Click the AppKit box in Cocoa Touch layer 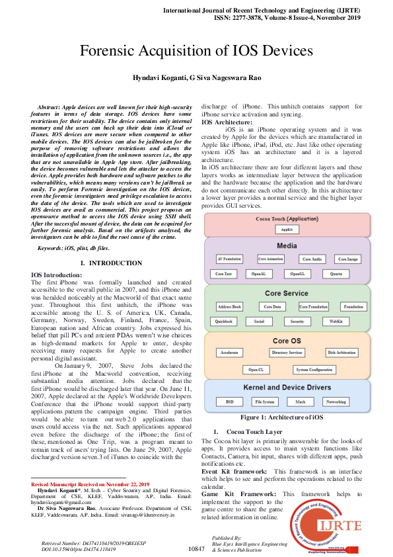[287, 229]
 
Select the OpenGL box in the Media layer [295, 273]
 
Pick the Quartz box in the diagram [336, 273]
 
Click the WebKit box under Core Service [336, 321]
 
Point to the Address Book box [229, 307]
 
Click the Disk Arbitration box [342, 353]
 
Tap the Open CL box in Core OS [256, 370]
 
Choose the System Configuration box [314, 370]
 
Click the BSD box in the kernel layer [229, 402]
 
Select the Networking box [336, 402]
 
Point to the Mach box [301, 402]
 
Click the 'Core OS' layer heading [287, 340]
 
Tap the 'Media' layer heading [287, 245]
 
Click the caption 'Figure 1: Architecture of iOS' [281, 418]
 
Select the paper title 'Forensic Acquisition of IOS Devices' [196, 51]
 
